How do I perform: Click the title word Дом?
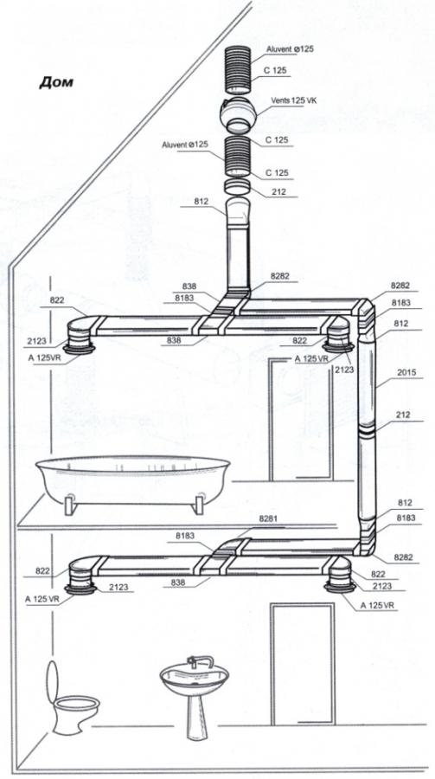point(56,82)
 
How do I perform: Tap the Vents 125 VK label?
point(293,100)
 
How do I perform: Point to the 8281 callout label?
point(269,518)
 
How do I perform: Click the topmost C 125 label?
point(276,71)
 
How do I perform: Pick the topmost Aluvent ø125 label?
point(290,49)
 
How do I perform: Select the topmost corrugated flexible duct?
point(240,68)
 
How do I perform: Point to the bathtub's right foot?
point(199,505)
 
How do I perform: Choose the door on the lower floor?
point(303,664)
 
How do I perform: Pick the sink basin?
point(195,678)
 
